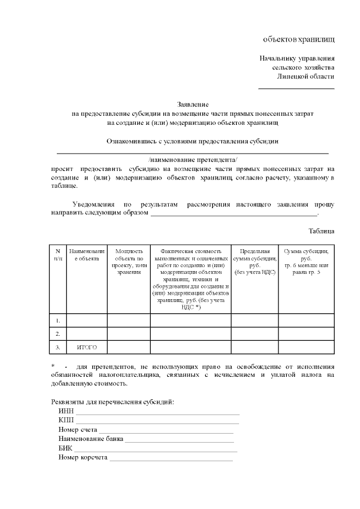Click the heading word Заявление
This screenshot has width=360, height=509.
pos(193,105)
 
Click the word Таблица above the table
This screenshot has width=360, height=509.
pos(321,231)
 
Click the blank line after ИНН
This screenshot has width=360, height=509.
pos(157,414)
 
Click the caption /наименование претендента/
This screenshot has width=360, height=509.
pos(193,160)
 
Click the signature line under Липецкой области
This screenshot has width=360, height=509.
pos(296,88)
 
